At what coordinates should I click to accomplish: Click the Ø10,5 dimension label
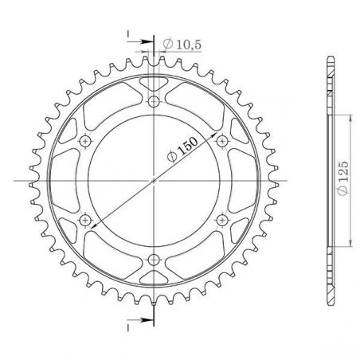click(179, 44)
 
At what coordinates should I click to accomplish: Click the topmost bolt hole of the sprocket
click(153, 101)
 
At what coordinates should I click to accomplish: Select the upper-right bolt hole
click(221, 141)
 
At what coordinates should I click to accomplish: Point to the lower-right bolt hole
click(221, 220)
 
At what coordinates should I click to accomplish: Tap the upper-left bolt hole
click(85, 141)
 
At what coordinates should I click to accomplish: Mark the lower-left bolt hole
click(85, 220)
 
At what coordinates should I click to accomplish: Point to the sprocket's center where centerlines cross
click(153, 180)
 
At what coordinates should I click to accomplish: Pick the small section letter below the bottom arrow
click(127, 327)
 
